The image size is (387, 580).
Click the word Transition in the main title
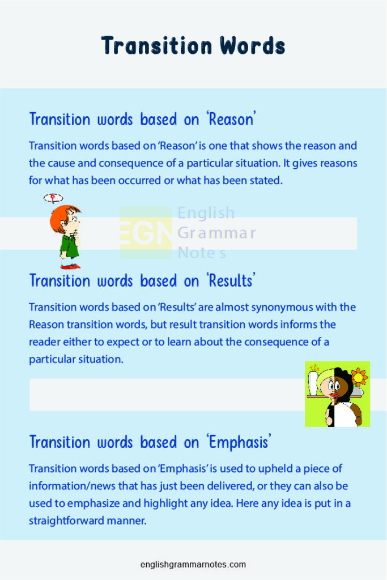pyautogui.click(x=150, y=45)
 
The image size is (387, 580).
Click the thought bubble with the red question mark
pyautogui.click(x=53, y=198)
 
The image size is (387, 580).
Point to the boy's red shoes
pyautogui.click(x=70, y=265)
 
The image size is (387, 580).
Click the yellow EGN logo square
pyautogui.click(x=145, y=233)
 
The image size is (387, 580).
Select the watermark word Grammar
pyautogui.click(x=216, y=233)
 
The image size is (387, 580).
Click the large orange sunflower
pyautogui.click(x=359, y=376)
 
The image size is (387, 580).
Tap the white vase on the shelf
pyautogui.click(x=314, y=383)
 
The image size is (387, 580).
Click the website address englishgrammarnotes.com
pyautogui.click(x=193, y=564)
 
